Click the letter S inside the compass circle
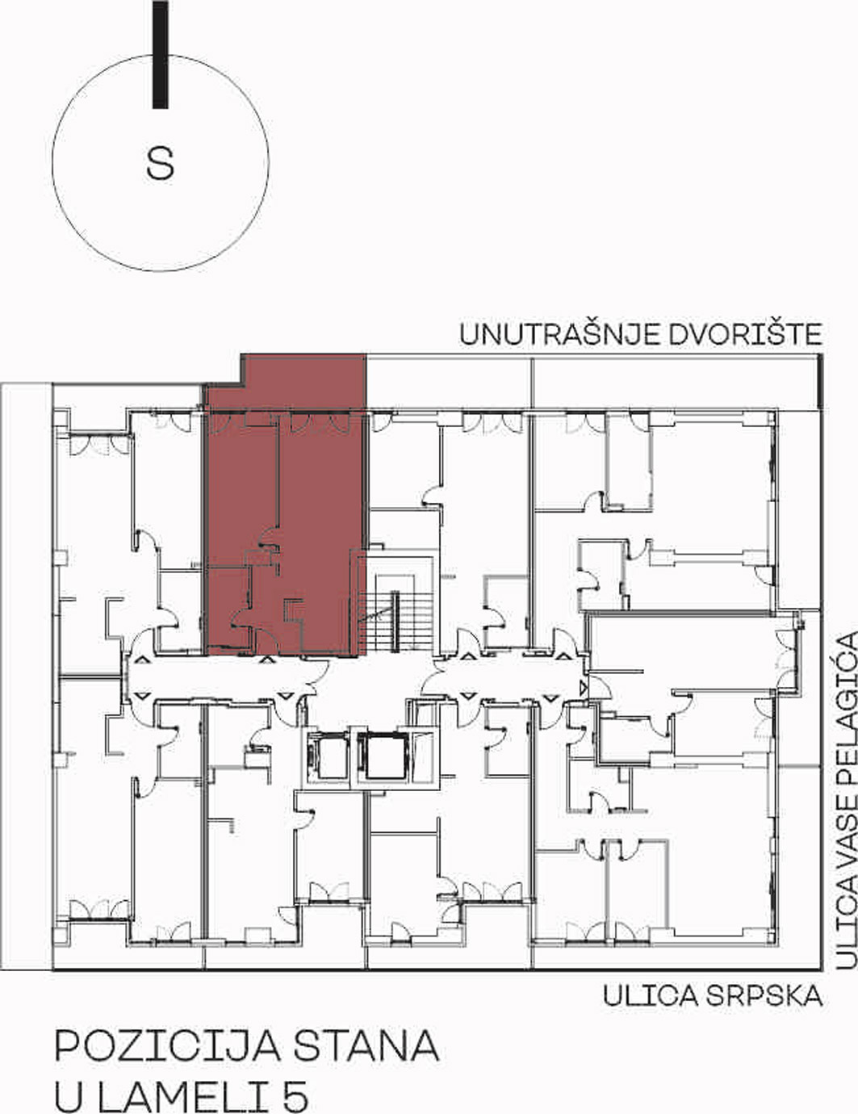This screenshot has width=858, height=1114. click(x=160, y=163)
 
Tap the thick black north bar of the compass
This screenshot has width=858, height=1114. click(x=161, y=54)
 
